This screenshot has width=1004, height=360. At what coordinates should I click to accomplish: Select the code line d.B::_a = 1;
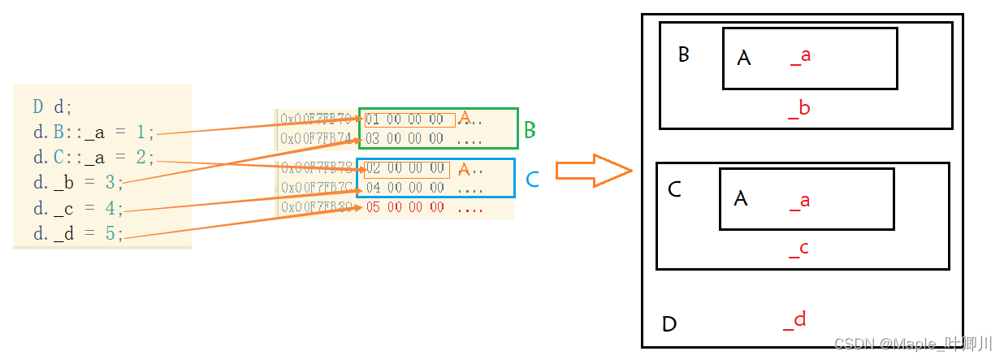(93, 132)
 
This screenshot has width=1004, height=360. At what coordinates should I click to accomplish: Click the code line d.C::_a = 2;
(93, 157)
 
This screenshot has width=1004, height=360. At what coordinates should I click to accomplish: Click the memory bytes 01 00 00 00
(405, 120)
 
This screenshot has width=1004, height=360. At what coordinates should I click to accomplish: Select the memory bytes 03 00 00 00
(405, 139)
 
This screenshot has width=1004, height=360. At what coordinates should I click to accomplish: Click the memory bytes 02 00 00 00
(405, 169)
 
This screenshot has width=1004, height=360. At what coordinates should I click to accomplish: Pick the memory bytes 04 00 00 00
(405, 188)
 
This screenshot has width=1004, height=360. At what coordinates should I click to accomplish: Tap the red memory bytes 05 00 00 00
(405, 207)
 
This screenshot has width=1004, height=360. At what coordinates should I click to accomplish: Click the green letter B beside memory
(530, 129)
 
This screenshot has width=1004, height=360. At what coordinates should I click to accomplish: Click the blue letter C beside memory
(532, 180)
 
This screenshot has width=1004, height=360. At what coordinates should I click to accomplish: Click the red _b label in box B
(799, 109)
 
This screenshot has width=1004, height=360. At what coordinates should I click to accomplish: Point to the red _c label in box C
(798, 249)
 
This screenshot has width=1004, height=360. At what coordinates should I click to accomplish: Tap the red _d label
(794, 320)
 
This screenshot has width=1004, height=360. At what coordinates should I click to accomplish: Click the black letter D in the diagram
(669, 325)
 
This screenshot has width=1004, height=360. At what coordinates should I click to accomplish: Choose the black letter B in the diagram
(684, 54)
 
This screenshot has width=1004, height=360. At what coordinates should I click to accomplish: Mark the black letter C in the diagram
(674, 190)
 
